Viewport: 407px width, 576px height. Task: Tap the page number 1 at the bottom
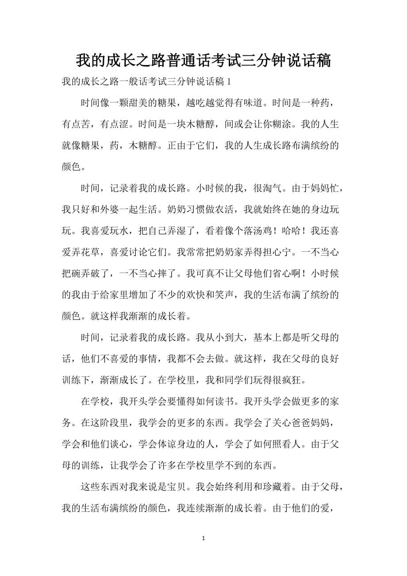point(203,538)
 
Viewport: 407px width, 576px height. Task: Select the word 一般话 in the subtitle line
point(134,82)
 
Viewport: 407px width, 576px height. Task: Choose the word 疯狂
point(296,379)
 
